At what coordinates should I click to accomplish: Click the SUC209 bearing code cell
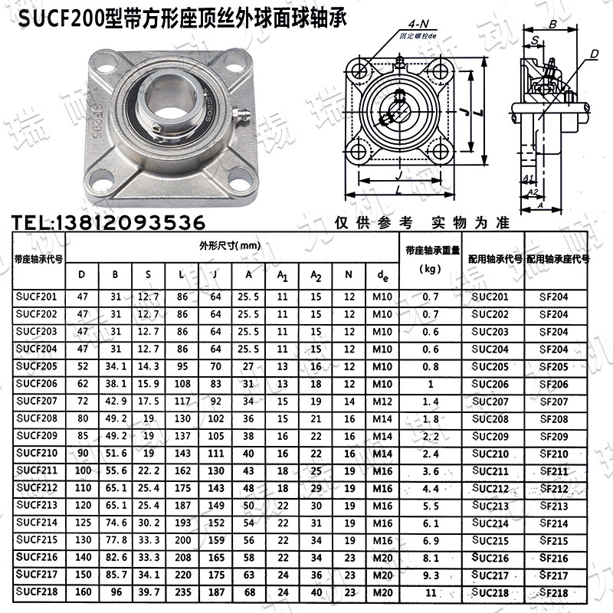pyautogui.click(x=490, y=437)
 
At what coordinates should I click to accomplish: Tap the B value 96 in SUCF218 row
pyautogui.click(x=116, y=592)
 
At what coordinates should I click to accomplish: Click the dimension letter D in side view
pyautogui.click(x=593, y=54)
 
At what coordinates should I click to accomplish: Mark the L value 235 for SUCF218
pyautogui.click(x=181, y=592)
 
